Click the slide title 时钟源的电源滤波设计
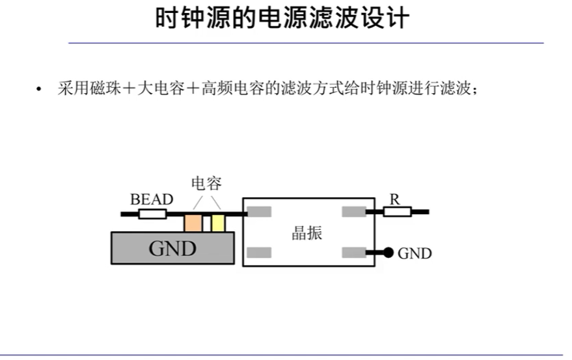281,19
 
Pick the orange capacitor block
193,222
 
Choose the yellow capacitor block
217,222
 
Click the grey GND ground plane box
172,248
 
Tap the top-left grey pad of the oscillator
259,211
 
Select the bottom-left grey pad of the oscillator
259,253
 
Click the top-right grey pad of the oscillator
354,211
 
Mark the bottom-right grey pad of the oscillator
354,253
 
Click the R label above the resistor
394,199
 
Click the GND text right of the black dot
415,253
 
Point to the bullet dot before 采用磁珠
39,90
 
